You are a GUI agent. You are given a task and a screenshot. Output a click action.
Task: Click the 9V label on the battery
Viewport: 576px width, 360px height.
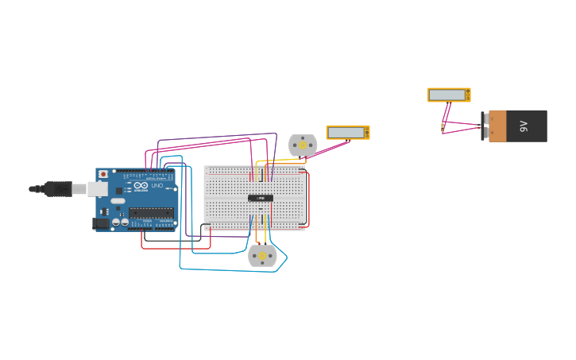point(524,126)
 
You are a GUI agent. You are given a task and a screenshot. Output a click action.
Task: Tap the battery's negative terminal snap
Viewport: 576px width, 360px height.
point(485,118)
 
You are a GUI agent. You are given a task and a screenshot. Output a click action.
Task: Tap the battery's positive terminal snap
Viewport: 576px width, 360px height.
point(485,133)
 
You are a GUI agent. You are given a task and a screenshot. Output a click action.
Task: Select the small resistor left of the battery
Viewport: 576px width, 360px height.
point(443,126)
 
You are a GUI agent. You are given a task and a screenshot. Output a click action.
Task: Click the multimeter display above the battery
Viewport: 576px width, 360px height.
point(446,95)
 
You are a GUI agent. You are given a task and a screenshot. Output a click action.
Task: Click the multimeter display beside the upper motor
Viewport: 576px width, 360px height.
point(346,132)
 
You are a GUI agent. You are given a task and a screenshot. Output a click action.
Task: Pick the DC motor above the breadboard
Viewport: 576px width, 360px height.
point(302,145)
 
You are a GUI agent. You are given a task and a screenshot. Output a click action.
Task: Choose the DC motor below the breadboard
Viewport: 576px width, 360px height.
point(262,255)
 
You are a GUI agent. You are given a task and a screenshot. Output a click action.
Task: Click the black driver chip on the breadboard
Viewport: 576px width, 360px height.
point(261,198)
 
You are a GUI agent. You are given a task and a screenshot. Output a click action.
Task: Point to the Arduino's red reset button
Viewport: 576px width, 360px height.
point(102,173)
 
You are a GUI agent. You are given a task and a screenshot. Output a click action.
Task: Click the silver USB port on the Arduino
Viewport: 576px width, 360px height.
point(97,189)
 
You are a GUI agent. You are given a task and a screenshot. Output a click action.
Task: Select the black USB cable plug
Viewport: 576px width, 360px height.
point(57,189)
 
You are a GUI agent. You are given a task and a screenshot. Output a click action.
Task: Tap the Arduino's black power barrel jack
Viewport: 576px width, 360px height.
point(101,223)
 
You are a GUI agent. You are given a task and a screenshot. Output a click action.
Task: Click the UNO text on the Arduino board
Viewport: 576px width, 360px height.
point(157,185)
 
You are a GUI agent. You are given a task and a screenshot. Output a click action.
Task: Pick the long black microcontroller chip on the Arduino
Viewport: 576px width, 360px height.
point(151,212)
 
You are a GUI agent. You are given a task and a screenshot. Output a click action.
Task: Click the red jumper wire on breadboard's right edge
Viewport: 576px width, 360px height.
point(308,199)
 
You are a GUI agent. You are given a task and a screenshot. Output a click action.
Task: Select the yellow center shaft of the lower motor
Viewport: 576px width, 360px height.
point(262,256)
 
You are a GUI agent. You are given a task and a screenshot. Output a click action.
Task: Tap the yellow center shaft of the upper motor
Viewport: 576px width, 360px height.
point(303,145)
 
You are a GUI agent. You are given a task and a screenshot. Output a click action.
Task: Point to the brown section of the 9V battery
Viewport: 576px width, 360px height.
point(497,126)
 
